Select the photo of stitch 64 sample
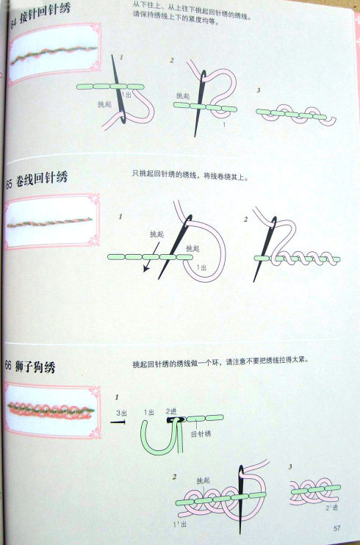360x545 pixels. tap(53, 54)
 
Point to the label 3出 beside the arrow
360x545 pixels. tap(124, 414)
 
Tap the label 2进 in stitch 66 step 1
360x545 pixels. tap(171, 411)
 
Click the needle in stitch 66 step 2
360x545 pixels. tap(240, 496)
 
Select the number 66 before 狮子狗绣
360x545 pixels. tap(8, 366)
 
